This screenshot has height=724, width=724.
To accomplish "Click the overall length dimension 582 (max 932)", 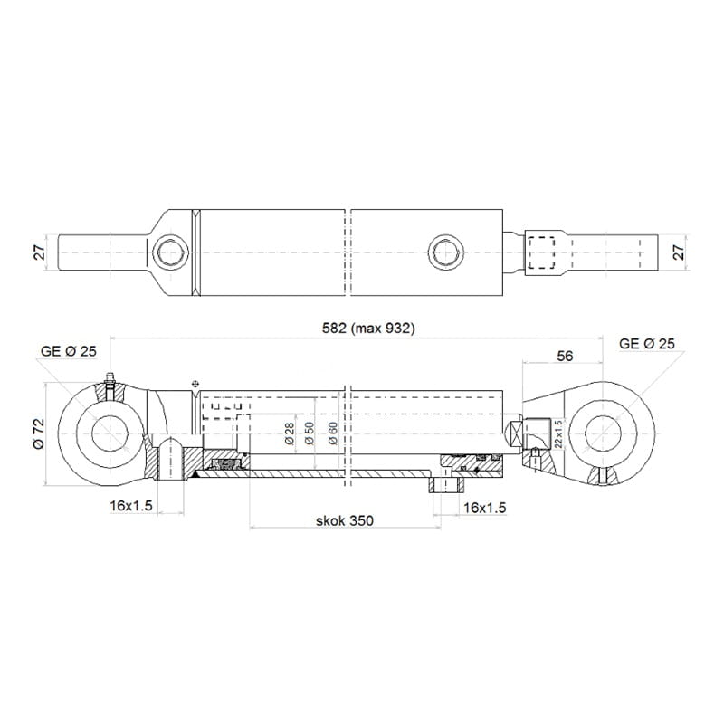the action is [x=368, y=329].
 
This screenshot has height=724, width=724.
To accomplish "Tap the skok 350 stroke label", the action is [x=345, y=521].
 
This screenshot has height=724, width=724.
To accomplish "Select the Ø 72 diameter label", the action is [x=38, y=433].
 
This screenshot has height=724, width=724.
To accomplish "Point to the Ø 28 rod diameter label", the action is [x=290, y=433].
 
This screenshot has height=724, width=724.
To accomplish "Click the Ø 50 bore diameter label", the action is [x=310, y=433].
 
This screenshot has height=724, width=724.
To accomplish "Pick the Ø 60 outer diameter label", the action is [x=332, y=433].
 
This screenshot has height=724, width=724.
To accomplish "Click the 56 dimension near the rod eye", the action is [x=565, y=356].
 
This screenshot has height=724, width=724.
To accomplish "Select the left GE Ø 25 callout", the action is [x=69, y=351].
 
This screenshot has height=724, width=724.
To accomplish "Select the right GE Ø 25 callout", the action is [x=646, y=344].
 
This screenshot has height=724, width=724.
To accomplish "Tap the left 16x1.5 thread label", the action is [x=131, y=506].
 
